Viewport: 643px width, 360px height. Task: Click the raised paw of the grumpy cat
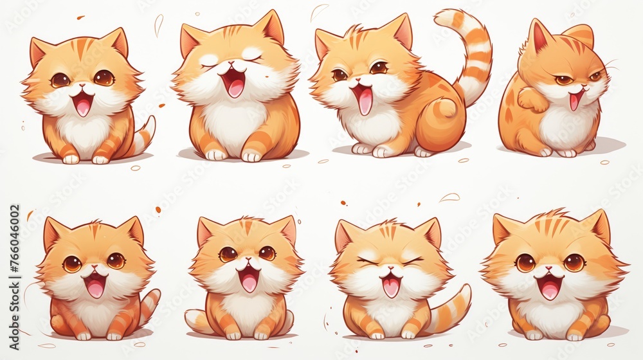click(532, 99)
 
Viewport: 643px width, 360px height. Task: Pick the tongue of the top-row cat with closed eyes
click(235, 87)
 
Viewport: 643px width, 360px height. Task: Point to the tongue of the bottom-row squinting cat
click(391, 287)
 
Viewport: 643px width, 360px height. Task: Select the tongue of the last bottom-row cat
click(550, 290)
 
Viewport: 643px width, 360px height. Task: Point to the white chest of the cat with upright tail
click(373, 125)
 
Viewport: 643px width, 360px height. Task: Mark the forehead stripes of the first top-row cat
click(82, 48)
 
